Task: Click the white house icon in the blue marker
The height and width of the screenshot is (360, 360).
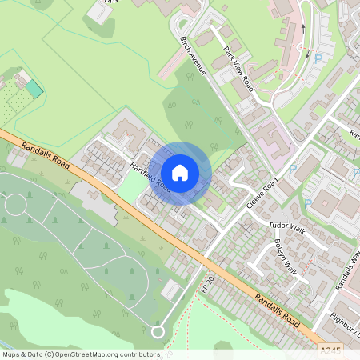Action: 180,173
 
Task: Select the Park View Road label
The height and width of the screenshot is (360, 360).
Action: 238,69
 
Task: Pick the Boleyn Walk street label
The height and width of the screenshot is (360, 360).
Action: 285,257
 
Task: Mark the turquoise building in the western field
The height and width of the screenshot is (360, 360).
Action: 33,88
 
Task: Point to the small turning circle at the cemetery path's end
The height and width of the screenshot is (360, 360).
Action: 157,330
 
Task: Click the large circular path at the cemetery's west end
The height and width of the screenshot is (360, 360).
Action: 17,206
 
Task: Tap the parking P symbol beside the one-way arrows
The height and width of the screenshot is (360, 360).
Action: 318,59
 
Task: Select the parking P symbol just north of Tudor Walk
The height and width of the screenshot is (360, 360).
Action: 307,205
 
